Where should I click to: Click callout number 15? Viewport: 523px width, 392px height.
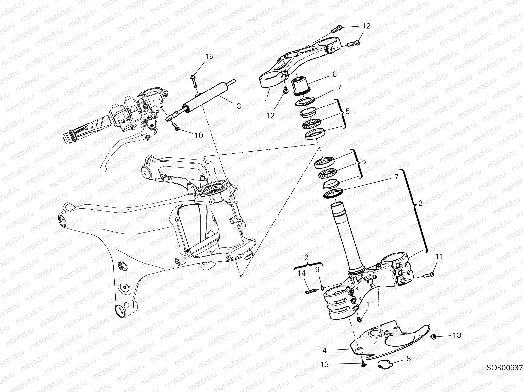[x=209, y=57]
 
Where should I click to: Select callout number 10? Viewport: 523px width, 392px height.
[x=199, y=135]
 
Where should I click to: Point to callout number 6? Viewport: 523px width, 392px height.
[x=334, y=74]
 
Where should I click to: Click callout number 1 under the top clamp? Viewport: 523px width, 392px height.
[x=265, y=102]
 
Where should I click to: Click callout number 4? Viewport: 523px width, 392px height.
[x=324, y=351]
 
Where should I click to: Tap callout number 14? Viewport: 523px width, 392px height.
[x=302, y=274]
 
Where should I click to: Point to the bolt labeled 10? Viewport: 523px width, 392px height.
[x=177, y=127]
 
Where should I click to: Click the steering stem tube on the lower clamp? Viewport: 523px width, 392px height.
[x=346, y=238]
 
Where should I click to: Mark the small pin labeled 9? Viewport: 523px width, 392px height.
[x=322, y=288]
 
